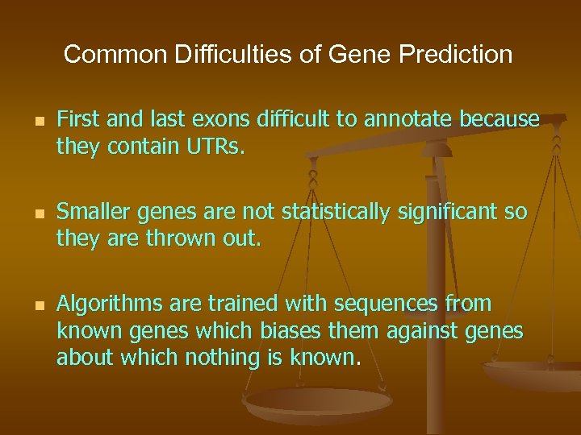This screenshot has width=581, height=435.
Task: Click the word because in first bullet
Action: pos(499,120)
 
